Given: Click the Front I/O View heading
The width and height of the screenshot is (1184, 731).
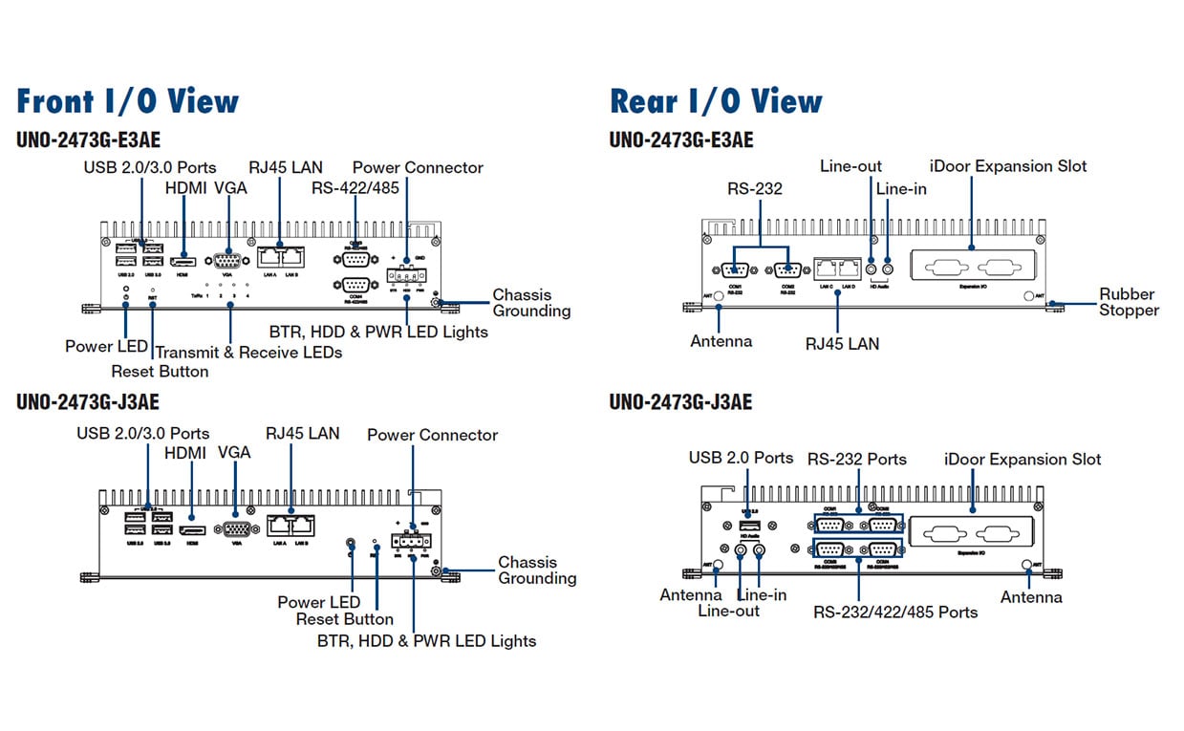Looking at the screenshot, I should tap(128, 101).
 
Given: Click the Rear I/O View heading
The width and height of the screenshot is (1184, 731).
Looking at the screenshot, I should tap(716, 101).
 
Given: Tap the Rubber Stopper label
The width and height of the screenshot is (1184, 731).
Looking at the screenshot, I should tap(1127, 302).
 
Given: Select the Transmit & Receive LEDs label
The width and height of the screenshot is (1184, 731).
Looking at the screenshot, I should tap(248, 353).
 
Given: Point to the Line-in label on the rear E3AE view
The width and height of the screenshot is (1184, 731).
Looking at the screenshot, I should tap(901, 189).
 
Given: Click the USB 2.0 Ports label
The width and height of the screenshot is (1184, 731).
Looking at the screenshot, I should tap(741, 458).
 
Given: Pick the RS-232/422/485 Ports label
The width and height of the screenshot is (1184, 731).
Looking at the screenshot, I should tap(895, 612).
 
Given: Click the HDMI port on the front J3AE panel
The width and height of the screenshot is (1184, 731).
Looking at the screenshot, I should tap(192, 528).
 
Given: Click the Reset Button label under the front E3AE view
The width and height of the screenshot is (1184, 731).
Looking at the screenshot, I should tap(160, 371).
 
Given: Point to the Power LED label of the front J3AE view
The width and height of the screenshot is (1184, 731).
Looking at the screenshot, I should tap(318, 602).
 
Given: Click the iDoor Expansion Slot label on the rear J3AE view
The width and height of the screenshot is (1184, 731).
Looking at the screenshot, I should tap(1022, 460).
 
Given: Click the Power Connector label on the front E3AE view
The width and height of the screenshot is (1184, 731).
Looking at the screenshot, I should tap(418, 168).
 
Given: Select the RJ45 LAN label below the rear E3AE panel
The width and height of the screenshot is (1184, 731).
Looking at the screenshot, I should tap(841, 343).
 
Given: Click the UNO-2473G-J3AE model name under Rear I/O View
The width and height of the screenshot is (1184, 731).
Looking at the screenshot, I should tap(680, 402).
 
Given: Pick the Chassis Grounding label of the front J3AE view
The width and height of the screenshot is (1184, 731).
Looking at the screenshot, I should tap(537, 570).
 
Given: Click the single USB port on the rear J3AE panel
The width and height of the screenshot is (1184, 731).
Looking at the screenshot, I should tap(748, 527).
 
